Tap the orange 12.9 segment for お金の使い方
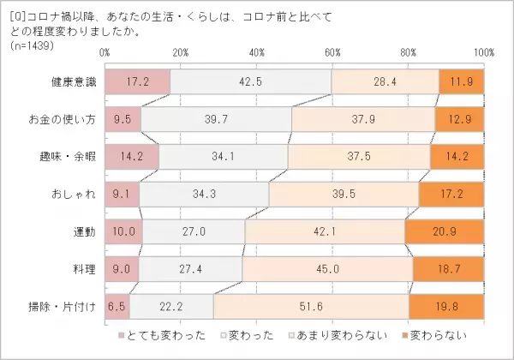(459, 119)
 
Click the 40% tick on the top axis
(256, 53)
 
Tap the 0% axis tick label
(105, 53)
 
